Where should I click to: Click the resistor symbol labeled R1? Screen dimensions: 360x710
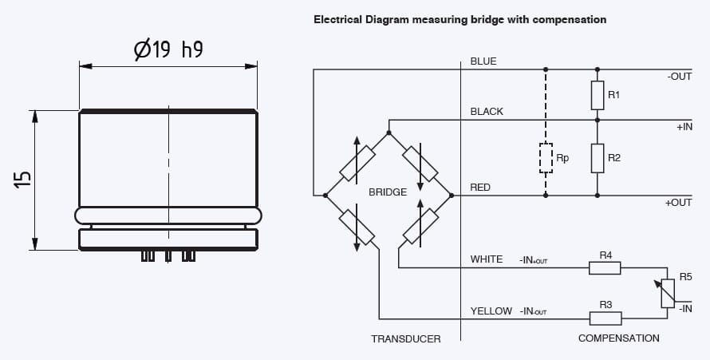pyautogui.click(x=598, y=95)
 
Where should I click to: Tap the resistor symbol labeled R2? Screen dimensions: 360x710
pyautogui.click(x=598, y=158)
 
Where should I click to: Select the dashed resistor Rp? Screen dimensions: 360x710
pyautogui.click(x=546, y=158)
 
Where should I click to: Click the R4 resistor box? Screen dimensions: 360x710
pyautogui.click(x=605, y=268)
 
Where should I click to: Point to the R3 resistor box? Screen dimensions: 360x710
pyautogui.click(x=605, y=318)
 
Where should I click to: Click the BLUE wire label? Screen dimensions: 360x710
pyautogui.click(x=483, y=61)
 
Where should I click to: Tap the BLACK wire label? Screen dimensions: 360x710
pyautogui.click(x=487, y=112)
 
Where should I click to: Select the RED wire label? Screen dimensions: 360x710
pyautogui.click(x=480, y=188)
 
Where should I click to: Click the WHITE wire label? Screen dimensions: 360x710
pyautogui.click(x=487, y=259)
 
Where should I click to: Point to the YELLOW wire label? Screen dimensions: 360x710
pyautogui.click(x=491, y=311)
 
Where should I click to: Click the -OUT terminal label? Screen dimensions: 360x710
pyautogui.click(x=678, y=77)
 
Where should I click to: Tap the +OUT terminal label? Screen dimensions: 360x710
pyautogui.click(x=678, y=203)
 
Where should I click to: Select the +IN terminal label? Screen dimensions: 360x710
pyautogui.click(x=684, y=127)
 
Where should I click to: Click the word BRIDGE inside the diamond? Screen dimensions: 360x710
pyautogui.click(x=388, y=192)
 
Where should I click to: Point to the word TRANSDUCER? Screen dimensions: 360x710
pyautogui.click(x=405, y=338)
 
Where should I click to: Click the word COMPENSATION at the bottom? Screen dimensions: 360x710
pyautogui.click(x=618, y=338)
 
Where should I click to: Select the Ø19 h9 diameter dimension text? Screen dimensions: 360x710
pyautogui.click(x=168, y=49)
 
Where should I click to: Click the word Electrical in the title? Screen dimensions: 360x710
pyautogui.click(x=337, y=19)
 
